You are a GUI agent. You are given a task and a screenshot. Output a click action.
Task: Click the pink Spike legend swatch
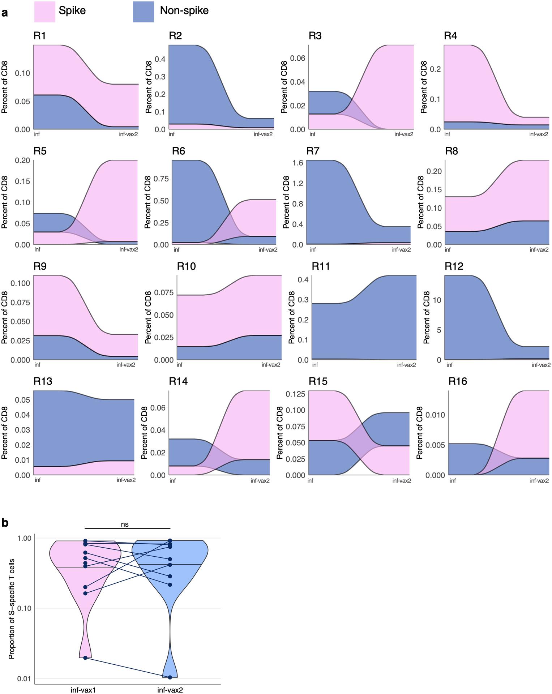click(44, 12)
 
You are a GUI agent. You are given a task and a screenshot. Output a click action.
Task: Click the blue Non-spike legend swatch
click(143, 12)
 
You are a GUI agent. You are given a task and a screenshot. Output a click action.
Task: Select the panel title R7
click(313, 151)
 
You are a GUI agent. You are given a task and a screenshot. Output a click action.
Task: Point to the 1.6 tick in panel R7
click(298, 163)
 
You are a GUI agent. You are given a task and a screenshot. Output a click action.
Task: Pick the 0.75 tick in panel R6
click(161, 179)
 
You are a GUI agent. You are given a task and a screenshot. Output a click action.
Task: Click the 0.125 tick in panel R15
click(295, 394)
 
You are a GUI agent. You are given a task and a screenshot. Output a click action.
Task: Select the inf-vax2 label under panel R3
click(403, 134)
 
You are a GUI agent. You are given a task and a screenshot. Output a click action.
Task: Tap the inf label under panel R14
click(173, 481)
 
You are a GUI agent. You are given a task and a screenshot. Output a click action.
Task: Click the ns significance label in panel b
click(125, 524)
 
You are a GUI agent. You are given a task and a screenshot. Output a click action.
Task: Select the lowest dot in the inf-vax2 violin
click(170, 677)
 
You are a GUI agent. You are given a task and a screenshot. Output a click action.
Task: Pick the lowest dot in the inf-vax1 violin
click(85, 657)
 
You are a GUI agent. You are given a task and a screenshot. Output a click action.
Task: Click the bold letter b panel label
click(5, 523)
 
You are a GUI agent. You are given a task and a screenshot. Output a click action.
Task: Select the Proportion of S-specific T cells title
click(12, 608)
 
